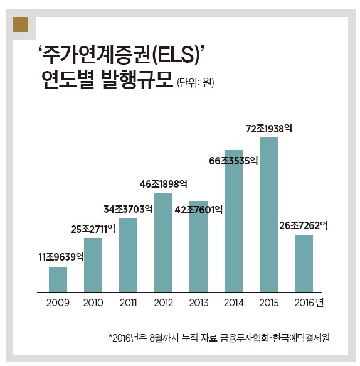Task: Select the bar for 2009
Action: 58,279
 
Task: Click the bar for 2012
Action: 163,242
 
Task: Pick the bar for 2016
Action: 304,263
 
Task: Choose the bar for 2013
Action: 198,246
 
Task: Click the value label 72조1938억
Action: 268,128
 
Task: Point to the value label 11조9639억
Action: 61,256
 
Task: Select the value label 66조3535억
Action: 233,161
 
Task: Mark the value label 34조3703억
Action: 127,208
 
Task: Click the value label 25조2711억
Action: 93,229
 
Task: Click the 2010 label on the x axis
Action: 93,303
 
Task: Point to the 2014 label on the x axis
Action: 233,303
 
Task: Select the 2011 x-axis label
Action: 128,303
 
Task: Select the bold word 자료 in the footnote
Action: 209,338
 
